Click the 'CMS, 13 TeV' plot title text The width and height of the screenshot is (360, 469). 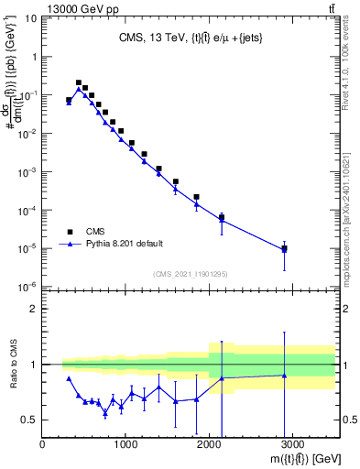184,38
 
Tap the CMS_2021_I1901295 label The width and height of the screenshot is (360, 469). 189,274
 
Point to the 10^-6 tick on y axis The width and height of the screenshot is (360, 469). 27,288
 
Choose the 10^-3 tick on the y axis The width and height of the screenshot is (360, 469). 27,172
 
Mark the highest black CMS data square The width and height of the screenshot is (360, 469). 79,82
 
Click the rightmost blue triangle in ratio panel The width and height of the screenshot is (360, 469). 285,375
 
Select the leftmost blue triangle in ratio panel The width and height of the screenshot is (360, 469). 69,378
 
